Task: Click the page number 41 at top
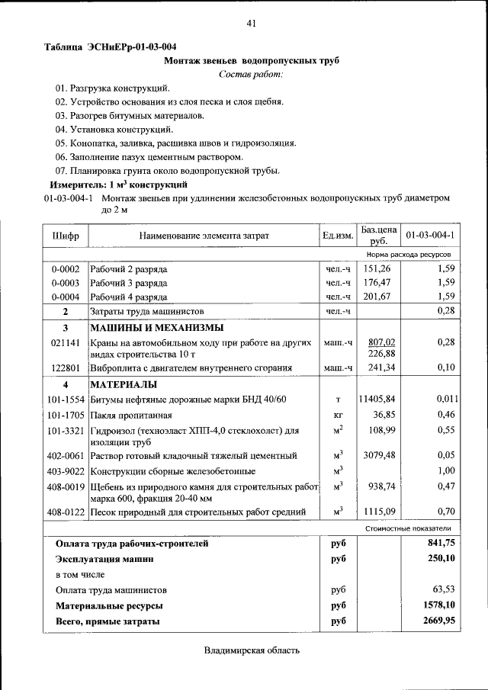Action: tap(251, 24)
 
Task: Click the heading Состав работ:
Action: tap(251, 74)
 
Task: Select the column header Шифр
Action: tap(66, 236)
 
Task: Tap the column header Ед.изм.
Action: tap(337, 236)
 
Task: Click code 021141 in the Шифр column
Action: tap(66, 343)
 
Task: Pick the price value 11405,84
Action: tap(377, 399)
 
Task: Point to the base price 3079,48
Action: tap(379, 456)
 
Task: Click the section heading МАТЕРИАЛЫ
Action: tap(124, 384)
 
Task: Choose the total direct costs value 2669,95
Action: tap(438, 621)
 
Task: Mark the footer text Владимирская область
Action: tap(252, 650)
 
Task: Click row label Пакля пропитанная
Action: tap(129, 415)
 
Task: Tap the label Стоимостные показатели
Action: tap(408, 528)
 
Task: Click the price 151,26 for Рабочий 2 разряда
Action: tap(377, 268)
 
